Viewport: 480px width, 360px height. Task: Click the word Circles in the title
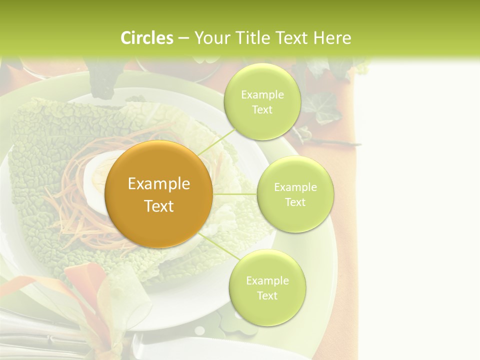pyautogui.click(x=147, y=38)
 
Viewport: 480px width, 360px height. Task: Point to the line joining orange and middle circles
pyautogui.click(x=235, y=193)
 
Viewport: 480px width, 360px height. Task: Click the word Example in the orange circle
pyautogui.click(x=158, y=184)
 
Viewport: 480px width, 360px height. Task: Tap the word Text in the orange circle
pyautogui.click(x=158, y=206)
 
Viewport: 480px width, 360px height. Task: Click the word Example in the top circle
pyautogui.click(x=262, y=95)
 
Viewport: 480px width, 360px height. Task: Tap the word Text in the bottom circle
pyautogui.click(x=267, y=295)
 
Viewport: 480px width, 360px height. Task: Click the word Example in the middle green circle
pyautogui.click(x=295, y=187)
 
